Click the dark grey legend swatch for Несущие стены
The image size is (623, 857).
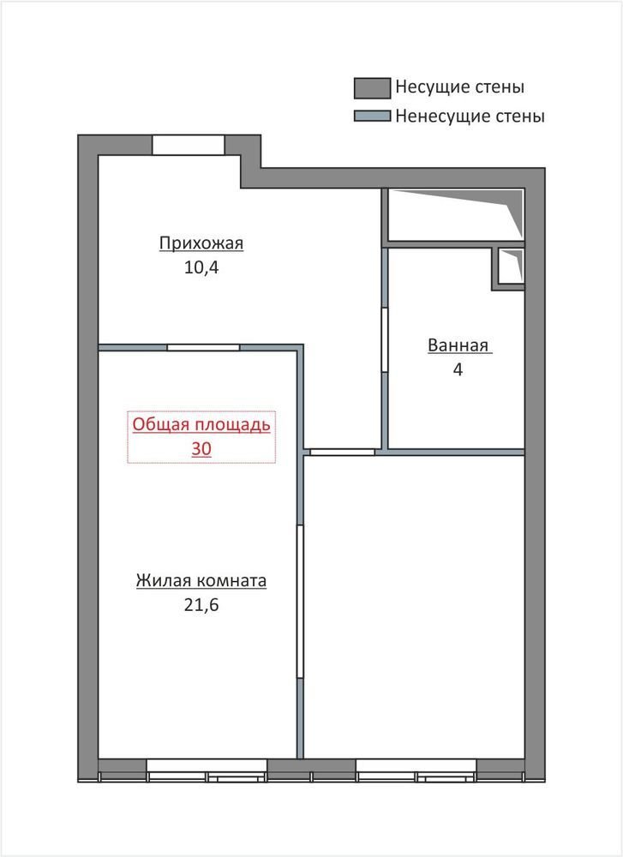(x=372, y=88)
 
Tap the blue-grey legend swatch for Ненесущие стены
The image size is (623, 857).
(x=372, y=116)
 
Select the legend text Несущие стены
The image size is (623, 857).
(x=459, y=87)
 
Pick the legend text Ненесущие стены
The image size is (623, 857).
(x=470, y=117)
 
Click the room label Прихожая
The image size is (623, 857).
(x=201, y=243)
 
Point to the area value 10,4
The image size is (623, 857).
(x=201, y=267)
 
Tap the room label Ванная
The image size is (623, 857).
(x=458, y=345)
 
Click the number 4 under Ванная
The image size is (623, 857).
(x=458, y=370)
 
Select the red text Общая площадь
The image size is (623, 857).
(x=201, y=425)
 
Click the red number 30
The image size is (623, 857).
(x=201, y=449)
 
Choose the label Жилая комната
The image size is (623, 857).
(x=201, y=580)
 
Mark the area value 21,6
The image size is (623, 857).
(x=201, y=606)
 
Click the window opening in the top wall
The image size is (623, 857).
(x=188, y=145)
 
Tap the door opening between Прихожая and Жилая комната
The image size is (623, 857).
(x=203, y=347)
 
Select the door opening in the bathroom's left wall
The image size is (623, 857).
(x=385, y=340)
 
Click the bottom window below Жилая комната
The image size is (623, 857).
(x=207, y=770)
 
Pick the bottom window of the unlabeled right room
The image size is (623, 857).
(x=416, y=770)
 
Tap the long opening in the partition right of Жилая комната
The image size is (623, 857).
(x=300, y=602)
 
